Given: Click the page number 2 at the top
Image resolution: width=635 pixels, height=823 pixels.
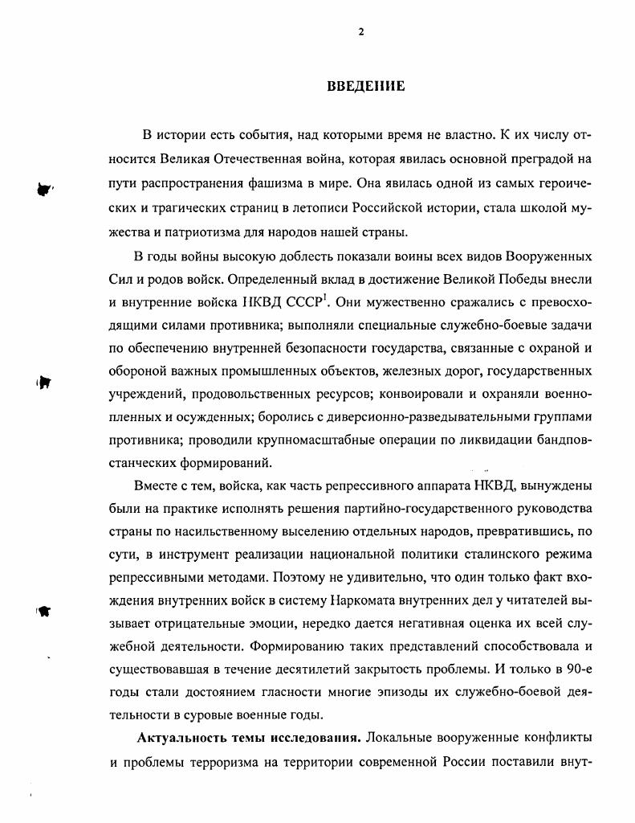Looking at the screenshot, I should click(360, 32).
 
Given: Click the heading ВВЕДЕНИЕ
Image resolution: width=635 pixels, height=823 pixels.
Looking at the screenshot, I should click(365, 87).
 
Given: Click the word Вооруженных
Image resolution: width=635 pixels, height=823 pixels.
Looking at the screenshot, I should click(549, 256).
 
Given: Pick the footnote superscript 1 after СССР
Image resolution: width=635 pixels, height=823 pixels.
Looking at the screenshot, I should click(323, 299).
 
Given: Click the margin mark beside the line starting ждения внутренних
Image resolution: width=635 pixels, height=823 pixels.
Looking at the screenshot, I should click(45, 612).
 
